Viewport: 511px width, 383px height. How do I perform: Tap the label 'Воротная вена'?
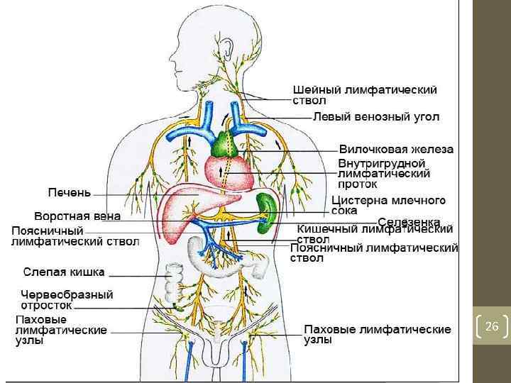[x=77, y=216]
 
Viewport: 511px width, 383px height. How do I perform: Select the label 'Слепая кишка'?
[x=64, y=272]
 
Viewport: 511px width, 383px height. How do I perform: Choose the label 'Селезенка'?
[x=409, y=222]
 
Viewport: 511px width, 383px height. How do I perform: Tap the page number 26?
[x=492, y=326]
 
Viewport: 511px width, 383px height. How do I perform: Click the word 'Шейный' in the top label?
[x=317, y=91]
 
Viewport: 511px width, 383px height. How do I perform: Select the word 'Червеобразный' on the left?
[x=66, y=294]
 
